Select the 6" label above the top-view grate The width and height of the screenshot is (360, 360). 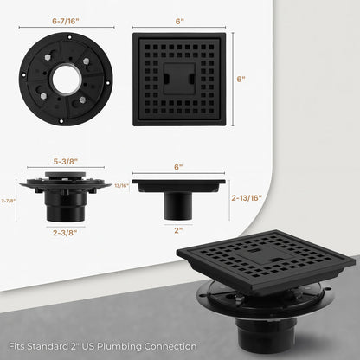180,20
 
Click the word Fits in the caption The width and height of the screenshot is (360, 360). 12,347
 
